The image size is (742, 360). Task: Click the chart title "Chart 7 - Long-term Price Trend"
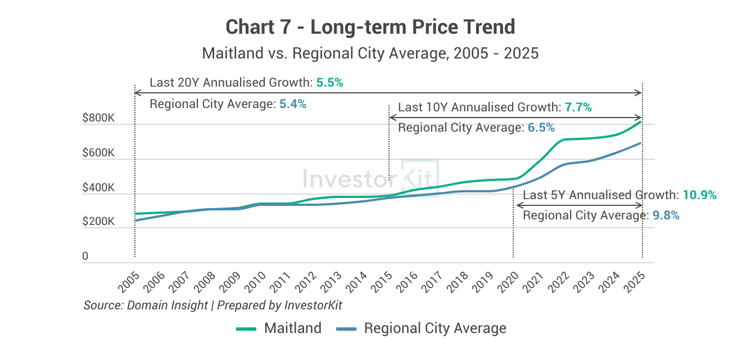click(370, 27)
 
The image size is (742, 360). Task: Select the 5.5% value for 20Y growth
click(329, 83)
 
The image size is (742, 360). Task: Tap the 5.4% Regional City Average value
click(292, 104)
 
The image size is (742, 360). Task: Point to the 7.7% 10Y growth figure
click(578, 107)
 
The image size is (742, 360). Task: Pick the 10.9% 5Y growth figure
click(699, 195)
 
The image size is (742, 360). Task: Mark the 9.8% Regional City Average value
click(666, 215)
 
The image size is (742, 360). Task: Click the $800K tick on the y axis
click(98, 119)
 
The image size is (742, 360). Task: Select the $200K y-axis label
click(98, 222)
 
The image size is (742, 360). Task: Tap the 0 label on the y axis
click(85, 256)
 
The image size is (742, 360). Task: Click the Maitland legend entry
click(279, 328)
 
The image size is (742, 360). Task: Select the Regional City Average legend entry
click(421, 328)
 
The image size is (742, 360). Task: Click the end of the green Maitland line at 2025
click(641, 121)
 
